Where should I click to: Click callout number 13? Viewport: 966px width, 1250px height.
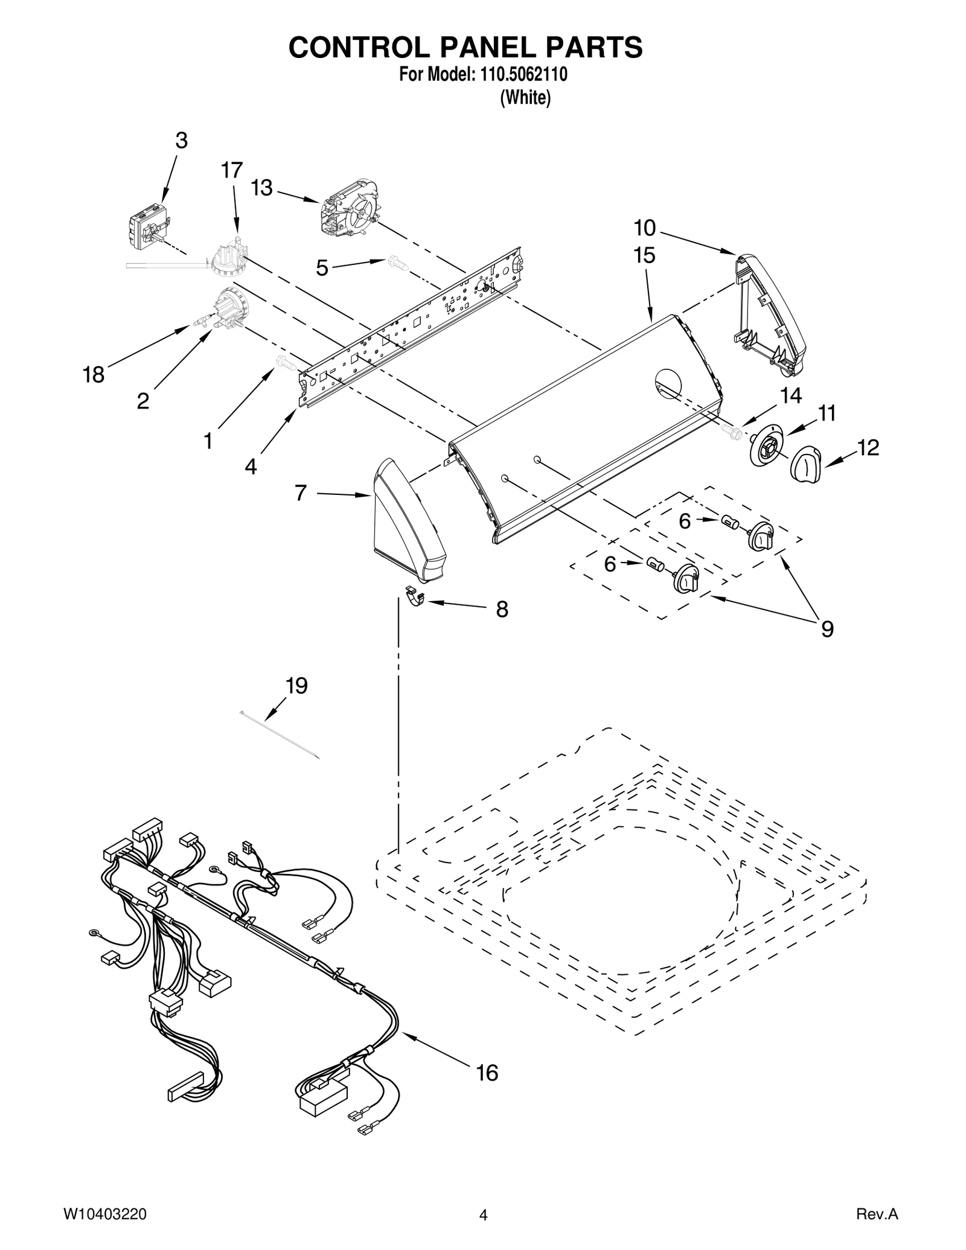pyautogui.click(x=262, y=188)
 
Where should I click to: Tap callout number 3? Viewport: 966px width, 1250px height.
pyautogui.click(x=181, y=141)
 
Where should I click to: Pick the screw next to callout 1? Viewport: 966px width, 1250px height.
pyautogui.click(x=285, y=363)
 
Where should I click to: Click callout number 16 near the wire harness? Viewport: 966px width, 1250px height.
pyautogui.click(x=487, y=1073)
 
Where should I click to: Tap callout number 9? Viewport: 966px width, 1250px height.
pyautogui.click(x=827, y=630)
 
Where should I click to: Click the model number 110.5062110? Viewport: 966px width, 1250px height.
pyautogui.click(x=523, y=75)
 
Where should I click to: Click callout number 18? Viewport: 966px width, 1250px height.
pyautogui.click(x=94, y=375)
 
